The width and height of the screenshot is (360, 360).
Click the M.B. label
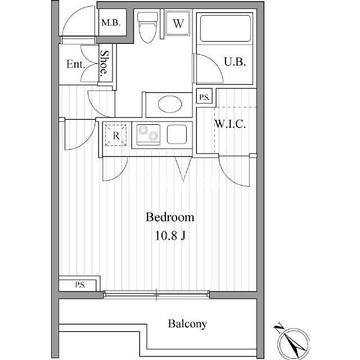(x=111, y=22)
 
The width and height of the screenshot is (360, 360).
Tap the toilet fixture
(x=147, y=28)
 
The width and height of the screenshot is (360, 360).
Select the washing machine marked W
(x=178, y=23)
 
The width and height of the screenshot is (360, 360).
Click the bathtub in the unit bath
(x=225, y=28)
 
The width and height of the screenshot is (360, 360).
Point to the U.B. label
(x=235, y=62)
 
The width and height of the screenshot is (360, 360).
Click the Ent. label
(x=76, y=64)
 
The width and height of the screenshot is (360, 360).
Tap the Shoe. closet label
(x=104, y=63)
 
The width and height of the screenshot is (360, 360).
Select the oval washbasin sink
(x=170, y=104)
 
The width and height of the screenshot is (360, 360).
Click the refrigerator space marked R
(x=116, y=135)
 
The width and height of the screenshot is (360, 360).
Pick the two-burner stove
(x=148, y=134)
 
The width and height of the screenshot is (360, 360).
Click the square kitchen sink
(x=177, y=134)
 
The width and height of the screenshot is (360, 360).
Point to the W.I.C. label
(x=230, y=124)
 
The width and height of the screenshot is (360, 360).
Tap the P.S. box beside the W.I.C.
(x=204, y=97)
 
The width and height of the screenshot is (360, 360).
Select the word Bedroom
(x=170, y=217)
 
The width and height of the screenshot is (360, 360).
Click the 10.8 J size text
(x=170, y=236)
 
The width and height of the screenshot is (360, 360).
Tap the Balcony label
(x=187, y=324)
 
